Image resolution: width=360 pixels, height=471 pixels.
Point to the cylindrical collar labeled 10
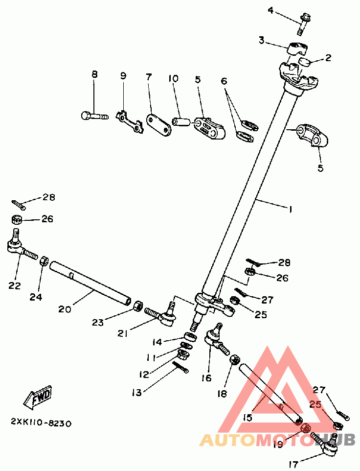(182, 121)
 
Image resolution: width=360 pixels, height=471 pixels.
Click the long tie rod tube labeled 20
(90, 284)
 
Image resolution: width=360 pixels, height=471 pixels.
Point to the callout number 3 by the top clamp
(262, 41)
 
